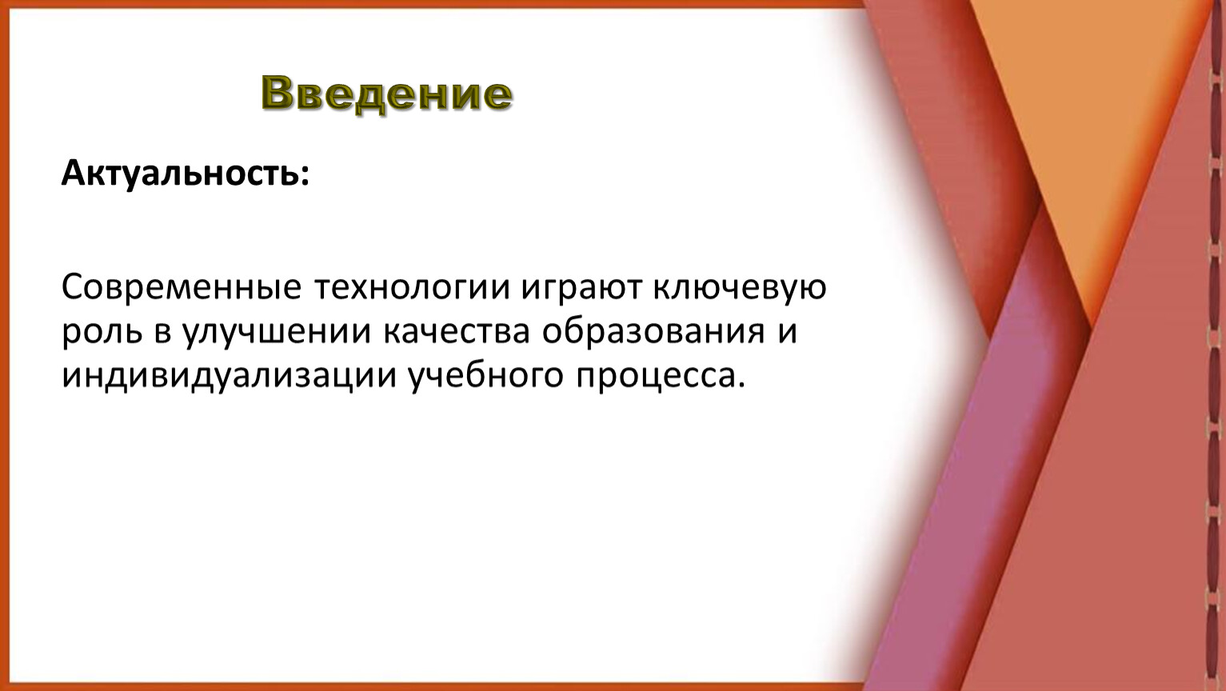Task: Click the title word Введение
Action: [386, 94]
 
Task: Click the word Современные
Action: [182, 287]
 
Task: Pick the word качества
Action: [457, 332]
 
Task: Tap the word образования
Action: [653, 331]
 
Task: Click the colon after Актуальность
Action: [305, 175]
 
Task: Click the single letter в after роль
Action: [162, 334]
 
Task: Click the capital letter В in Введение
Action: [280, 92]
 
